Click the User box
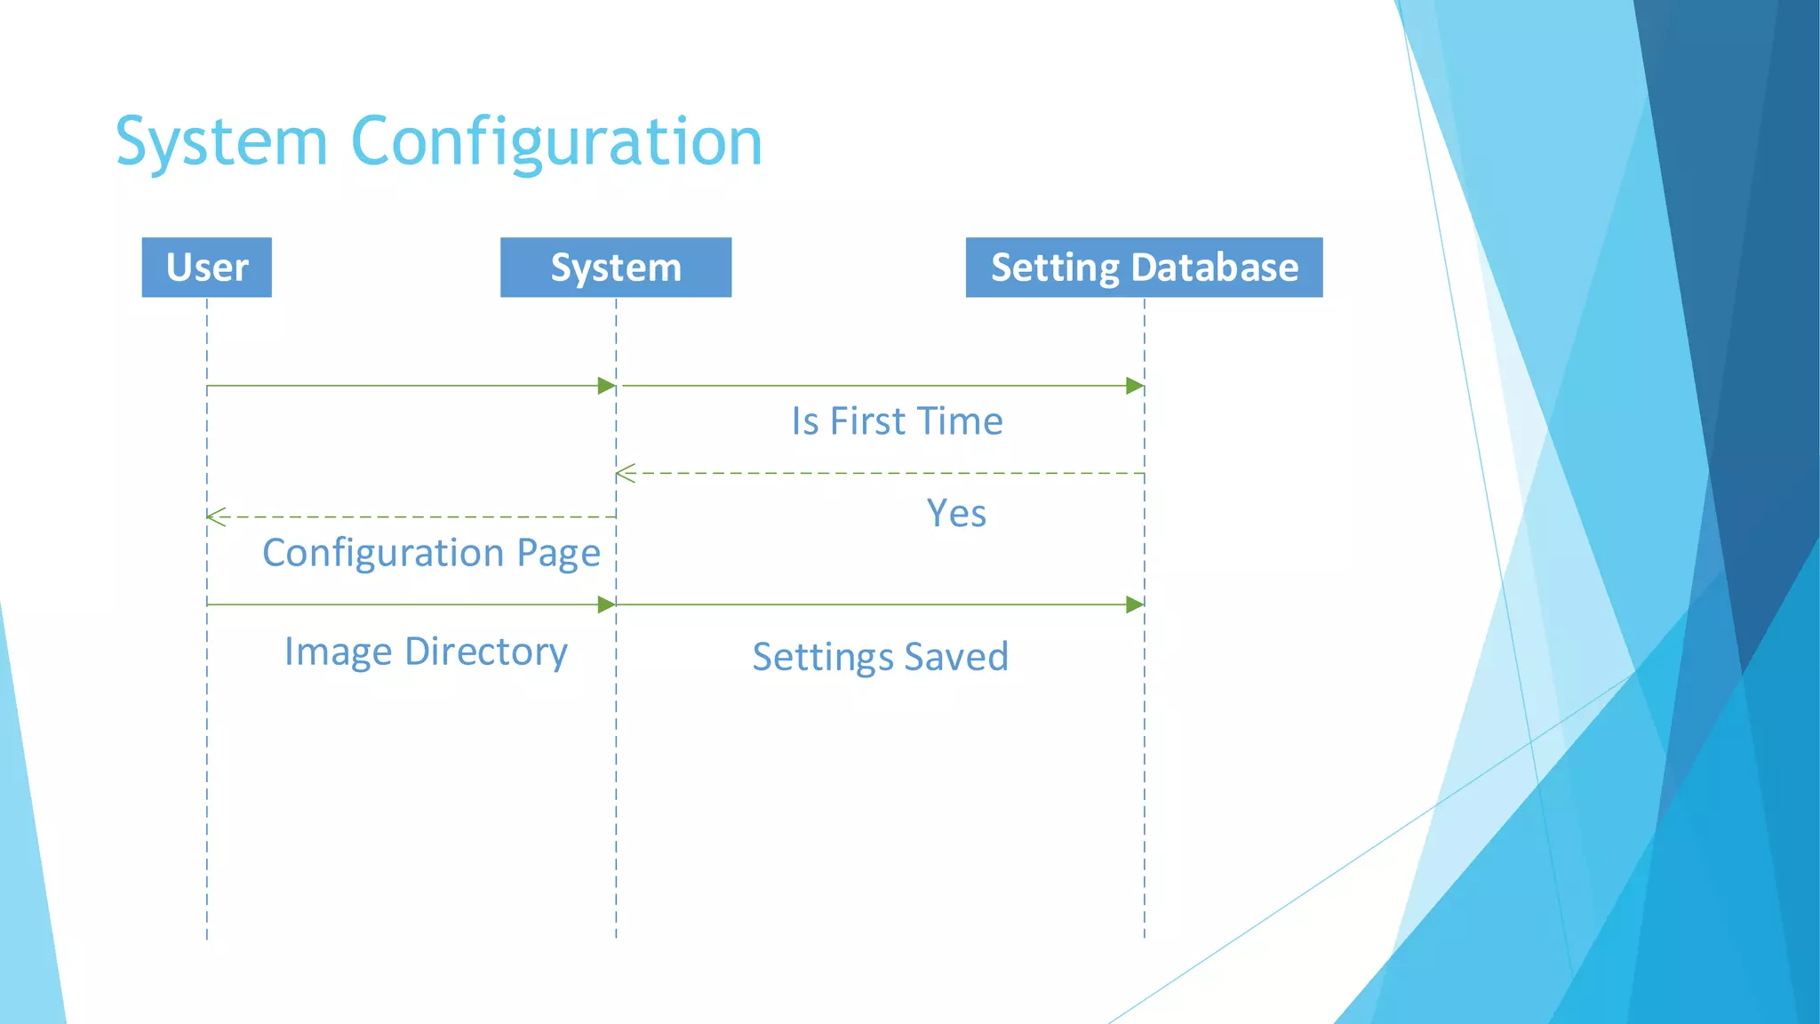click(x=206, y=267)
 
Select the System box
click(x=615, y=267)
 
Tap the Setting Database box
click(x=1144, y=267)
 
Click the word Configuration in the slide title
click(x=556, y=142)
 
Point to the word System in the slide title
click(x=222, y=142)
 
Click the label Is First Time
click(x=897, y=421)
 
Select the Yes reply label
click(x=956, y=514)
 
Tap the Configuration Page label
click(x=431, y=553)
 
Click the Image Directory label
click(x=426, y=652)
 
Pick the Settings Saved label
click(x=880, y=657)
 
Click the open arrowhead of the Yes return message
click(x=625, y=474)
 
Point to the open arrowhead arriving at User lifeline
click(x=216, y=516)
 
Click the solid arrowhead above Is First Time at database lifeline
click(x=1135, y=386)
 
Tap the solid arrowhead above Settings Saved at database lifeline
click(x=1135, y=604)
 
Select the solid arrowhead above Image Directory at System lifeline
click(x=607, y=604)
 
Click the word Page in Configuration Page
click(x=558, y=553)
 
